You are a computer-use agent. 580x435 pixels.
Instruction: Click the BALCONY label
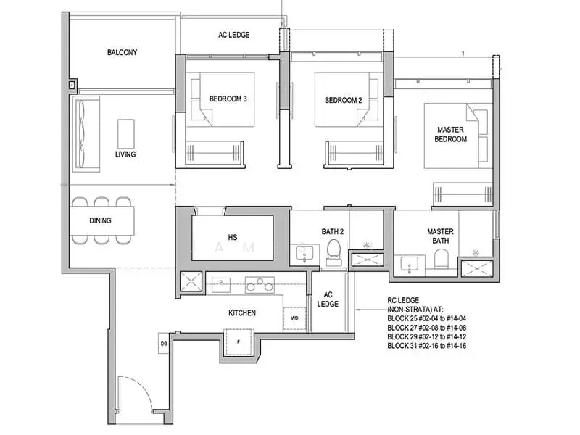[122, 52]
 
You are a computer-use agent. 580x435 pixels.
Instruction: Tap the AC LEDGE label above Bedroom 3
[233, 34]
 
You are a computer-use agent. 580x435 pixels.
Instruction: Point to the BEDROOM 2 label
[343, 100]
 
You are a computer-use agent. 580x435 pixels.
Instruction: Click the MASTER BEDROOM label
[450, 134]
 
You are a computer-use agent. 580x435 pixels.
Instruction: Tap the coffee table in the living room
[126, 132]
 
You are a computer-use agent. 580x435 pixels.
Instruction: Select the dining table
[102, 220]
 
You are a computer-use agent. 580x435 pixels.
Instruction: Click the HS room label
[232, 237]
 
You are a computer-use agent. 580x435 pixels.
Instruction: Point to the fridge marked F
[238, 341]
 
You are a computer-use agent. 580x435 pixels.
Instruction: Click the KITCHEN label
[241, 312]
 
